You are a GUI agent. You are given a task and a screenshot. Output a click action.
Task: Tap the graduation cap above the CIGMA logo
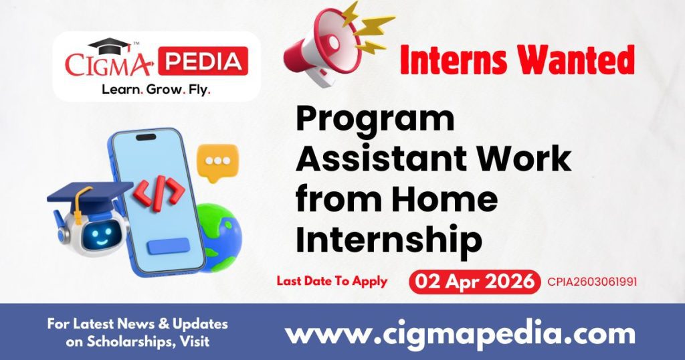point(110,47)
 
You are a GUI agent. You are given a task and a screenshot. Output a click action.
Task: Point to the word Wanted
point(575,61)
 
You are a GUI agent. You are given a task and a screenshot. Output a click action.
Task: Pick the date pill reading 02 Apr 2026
point(474,281)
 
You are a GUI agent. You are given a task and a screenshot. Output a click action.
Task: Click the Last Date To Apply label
point(332,281)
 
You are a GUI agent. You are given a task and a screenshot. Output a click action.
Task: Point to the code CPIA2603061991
point(591,282)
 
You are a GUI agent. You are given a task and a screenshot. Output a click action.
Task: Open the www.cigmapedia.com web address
point(460,333)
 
